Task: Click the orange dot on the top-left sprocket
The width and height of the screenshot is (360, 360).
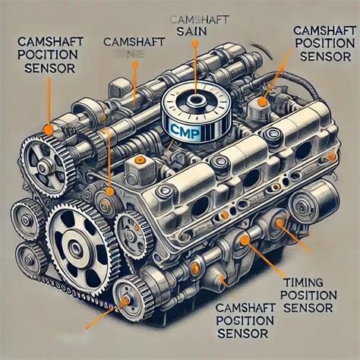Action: (49, 129)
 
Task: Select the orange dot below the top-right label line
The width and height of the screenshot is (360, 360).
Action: (263, 99)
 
